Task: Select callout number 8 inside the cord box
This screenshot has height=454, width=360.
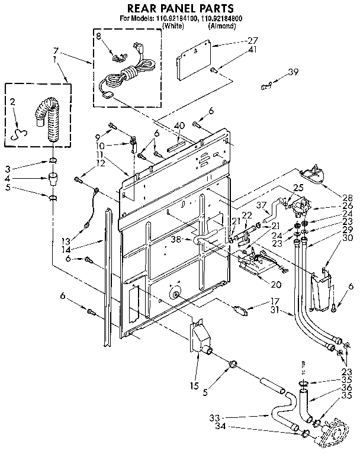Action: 99,37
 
